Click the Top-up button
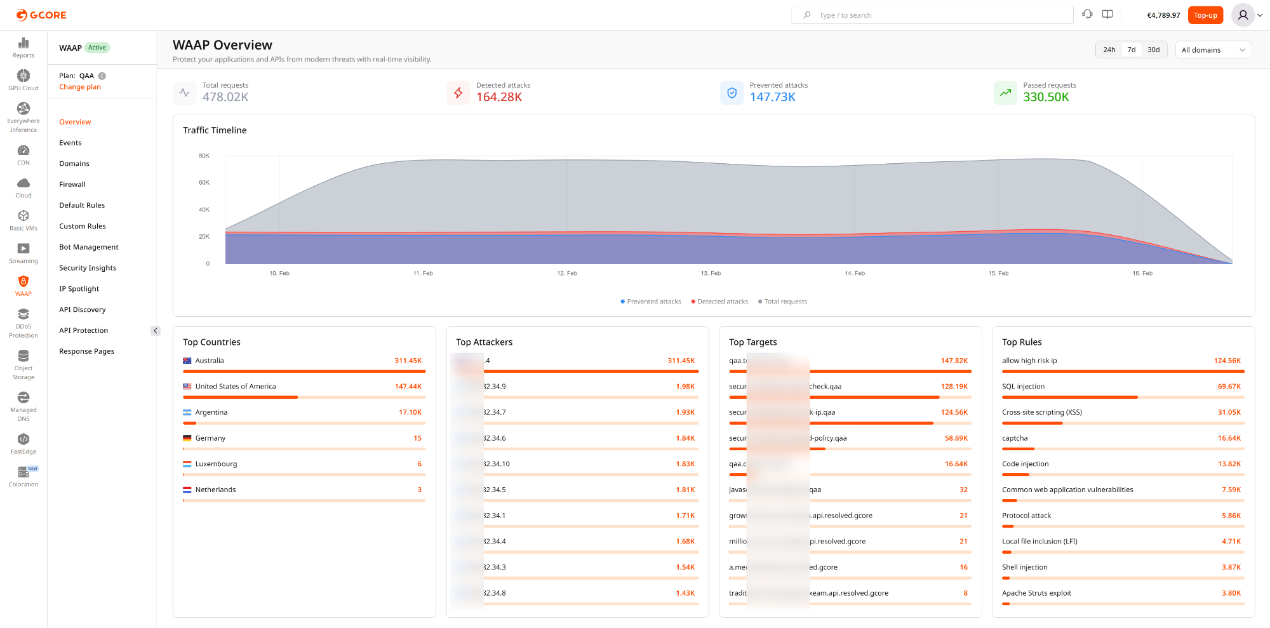[x=1205, y=15]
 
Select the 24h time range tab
[x=1109, y=50]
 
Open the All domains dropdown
[x=1213, y=50]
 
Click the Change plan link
[x=80, y=87]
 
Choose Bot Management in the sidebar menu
[x=89, y=247]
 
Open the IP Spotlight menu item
[x=79, y=289]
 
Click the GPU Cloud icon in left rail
[x=23, y=76]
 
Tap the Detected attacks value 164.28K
[x=499, y=97]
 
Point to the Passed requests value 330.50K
[x=1046, y=97]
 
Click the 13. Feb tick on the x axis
[x=711, y=273]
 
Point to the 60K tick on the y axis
[x=204, y=183]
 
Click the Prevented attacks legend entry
[x=651, y=302]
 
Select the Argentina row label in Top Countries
[x=211, y=412]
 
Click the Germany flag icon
[x=187, y=438]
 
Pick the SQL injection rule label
[x=1023, y=387]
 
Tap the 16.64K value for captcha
[x=1229, y=438]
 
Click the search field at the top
[x=932, y=15]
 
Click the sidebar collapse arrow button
[x=156, y=331]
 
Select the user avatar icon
[x=1243, y=15]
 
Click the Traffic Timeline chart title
[x=215, y=130]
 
